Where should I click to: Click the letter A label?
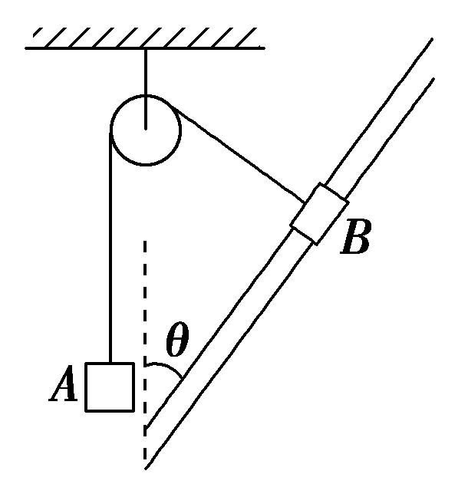(x=64, y=384)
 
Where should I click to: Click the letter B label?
(x=355, y=236)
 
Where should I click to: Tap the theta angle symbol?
(x=177, y=339)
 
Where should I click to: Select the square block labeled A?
(x=110, y=387)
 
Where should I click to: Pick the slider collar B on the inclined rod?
(x=319, y=214)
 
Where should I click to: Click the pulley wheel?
(x=146, y=130)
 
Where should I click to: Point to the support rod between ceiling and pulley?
(x=146, y=89)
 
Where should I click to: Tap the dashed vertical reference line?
(x=145, y=351)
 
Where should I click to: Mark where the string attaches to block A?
(x=110, y=363)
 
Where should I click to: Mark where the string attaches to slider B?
(x=305, y=202)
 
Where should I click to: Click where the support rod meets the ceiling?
(x=146, y=48)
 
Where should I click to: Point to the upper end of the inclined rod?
(x=433, y=58)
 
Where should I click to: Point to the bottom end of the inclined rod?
(x=145, y=449)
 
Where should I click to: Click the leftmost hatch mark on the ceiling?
(x=38, y=32)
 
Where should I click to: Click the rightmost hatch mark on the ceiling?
(x=247, y=38)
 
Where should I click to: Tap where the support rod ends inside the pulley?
(x=146, y=130)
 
